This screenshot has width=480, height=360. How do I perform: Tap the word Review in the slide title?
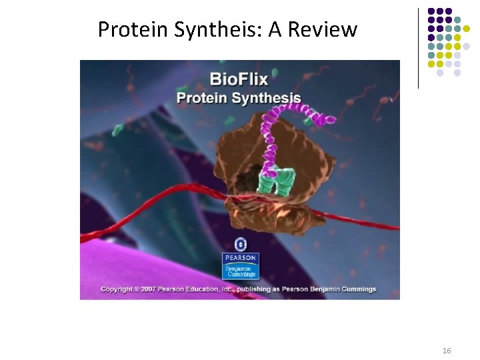coord(323,29)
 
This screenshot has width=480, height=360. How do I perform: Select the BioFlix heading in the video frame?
coord(239,79)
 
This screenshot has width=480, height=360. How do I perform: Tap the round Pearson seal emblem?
coord(240,244)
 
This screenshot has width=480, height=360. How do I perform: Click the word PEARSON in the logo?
coord(240,257)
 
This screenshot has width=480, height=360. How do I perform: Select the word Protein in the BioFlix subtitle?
coord(198,98)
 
